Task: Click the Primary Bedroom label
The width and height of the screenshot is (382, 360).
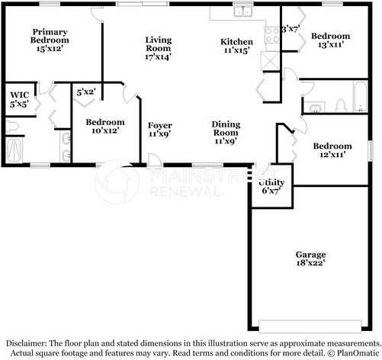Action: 50,36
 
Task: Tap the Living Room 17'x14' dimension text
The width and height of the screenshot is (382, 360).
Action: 158,56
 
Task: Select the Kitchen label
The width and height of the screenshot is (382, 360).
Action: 236,42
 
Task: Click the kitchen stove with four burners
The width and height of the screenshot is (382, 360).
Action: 272,35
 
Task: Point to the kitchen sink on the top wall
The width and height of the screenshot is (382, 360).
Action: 243,11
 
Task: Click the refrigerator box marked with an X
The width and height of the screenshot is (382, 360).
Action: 270,60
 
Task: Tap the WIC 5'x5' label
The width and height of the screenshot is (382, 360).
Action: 20,99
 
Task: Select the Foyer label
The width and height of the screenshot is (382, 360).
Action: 160,125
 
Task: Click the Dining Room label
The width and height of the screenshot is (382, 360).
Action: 226,128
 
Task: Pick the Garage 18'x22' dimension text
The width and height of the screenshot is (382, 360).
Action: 310,262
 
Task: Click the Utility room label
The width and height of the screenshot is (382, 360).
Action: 271,182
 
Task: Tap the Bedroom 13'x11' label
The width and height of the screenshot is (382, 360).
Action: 331,40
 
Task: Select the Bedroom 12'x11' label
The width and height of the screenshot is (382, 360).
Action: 332,150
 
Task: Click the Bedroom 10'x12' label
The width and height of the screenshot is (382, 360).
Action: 105,126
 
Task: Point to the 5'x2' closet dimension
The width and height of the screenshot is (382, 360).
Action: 86,92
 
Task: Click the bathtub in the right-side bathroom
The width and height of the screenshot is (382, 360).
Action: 361,96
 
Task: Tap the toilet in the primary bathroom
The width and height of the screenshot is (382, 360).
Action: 12,127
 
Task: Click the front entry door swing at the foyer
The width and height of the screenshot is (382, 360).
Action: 154,161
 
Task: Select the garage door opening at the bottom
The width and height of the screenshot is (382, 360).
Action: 310,326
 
